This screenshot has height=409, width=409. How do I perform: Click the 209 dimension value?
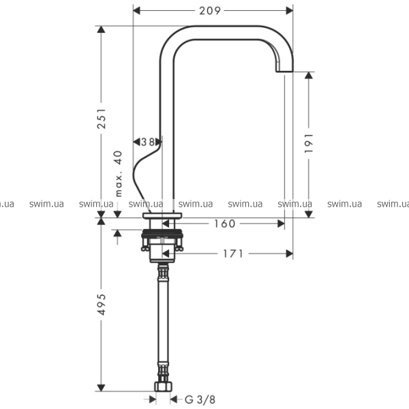tap(210, 11)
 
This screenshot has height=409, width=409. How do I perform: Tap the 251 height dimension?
tap(102, 119)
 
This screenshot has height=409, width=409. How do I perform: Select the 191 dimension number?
tap(309, 143)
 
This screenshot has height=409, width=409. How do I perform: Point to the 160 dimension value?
tap(224, 224)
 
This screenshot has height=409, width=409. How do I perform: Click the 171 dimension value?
tap(233, 254)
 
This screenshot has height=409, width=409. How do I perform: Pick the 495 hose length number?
tap(102, 305)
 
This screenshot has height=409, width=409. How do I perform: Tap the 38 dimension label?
tap(148, 142)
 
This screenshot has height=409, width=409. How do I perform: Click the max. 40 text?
tap(119, 174)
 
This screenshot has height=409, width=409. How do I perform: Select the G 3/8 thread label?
tap(200, 399)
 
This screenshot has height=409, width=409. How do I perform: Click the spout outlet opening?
tap(284, 71)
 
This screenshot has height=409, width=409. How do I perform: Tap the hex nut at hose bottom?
tap(164, 387)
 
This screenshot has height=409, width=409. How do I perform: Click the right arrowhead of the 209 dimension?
tap(290, 11)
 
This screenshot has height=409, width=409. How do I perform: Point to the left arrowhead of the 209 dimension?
tap(137, 11)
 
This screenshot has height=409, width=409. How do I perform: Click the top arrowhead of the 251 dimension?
tap(101, 29)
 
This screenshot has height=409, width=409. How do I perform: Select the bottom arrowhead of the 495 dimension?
tap(101, 388)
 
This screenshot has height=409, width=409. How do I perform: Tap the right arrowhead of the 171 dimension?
tap(290, 254)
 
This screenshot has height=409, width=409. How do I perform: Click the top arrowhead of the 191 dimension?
tap(309, 75)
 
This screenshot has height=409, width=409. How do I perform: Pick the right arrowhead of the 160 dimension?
tap(281, 224)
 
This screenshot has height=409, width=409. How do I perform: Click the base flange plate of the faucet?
tap(162, 215)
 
